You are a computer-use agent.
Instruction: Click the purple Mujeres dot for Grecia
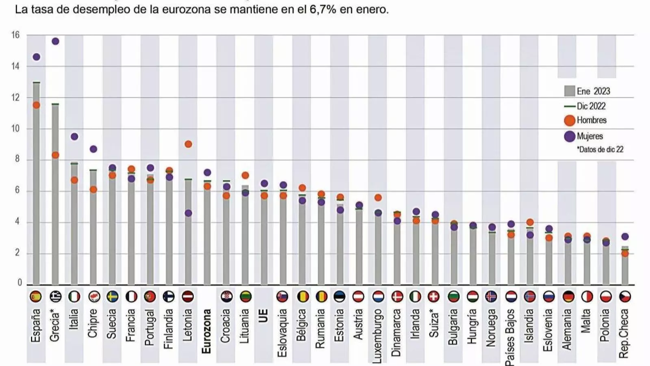pyautogui.click(x=55, y=41)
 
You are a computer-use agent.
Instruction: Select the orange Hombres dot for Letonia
pyautogui.click(x=188, y=144)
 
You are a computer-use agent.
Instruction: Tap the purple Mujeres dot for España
pyautogui.click(x=36, y=57)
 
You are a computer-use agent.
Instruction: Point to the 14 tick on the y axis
pyautogui.click(x=15, y=66)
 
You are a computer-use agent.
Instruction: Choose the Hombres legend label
pyautogui.click(x=591, y=120)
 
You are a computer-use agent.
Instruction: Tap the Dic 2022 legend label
pyautogui.click(x=591, y=106)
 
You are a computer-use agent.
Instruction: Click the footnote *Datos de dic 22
pyautogui.click(x=600, y=150)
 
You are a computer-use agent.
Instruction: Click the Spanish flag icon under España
pyautogui.click(x=36, y=296)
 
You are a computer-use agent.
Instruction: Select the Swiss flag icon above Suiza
pyautogui.click(x=434, y=296)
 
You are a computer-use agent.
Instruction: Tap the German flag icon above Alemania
pyautogui.click(x=568, y=296)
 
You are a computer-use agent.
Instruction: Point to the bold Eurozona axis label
pyautogui.click(x=207, y=331)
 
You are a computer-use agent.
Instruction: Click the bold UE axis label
pyautogui.click(x=264, y=316)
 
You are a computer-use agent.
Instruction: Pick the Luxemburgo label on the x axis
pyautogui.click(x=377, y=335)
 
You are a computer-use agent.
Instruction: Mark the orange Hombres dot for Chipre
pyautogui.click(x=93, y=190)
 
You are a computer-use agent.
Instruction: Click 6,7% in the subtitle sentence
pyautogui.click(x=323, y=9)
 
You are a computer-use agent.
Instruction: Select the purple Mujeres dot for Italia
pyautogui.click(x=74, y=137)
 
